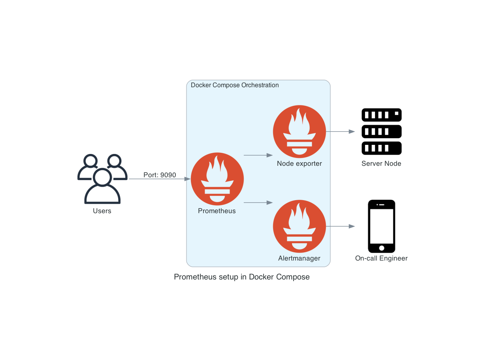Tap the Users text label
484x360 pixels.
(102, 211)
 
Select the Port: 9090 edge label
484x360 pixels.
(160, 175)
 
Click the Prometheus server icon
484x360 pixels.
(217, 179)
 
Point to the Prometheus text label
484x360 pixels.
(217, 211)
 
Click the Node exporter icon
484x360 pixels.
(299, 131)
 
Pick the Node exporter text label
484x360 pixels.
(299, 163)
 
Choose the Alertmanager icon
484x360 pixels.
(299, 226)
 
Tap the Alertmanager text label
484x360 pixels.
(299, 258)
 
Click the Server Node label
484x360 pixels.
(381, 163)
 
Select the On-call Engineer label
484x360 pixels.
(381, 258)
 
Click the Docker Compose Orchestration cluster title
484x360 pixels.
(235, 85)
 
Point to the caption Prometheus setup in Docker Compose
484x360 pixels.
(242, 277)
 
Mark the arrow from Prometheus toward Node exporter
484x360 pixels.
(258, 155)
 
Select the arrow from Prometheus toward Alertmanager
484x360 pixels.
(258, 202)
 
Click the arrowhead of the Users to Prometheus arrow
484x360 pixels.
(187, 179)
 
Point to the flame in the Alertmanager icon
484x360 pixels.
(299, 217)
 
